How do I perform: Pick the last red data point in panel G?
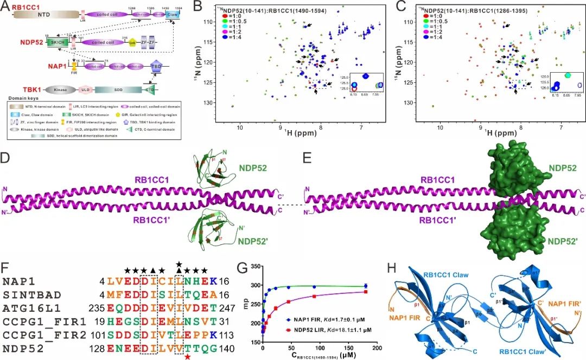366,292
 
